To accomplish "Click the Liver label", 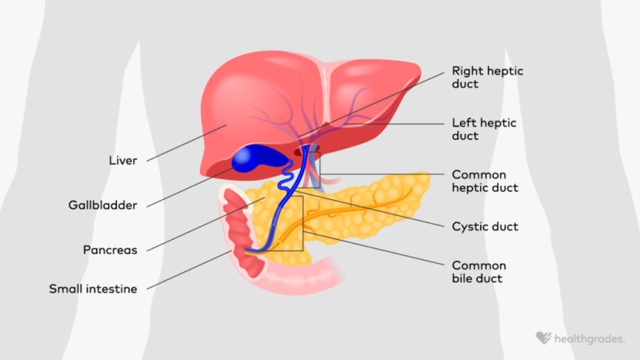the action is click(x=123, y=161).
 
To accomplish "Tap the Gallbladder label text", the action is click(x=102, y=205).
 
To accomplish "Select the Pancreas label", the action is click(x=110, y=250).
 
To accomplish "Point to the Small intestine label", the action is click(x=93, y=289).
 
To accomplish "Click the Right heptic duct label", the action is click(x=487, y=77).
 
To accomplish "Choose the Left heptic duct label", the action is click(x=484, y=129).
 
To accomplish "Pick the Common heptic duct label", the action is click(x=485, y=181).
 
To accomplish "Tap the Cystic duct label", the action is click(x=485, y=226).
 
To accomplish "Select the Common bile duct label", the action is click(x=478, y=272).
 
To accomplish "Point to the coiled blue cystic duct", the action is click(x=286, y=176).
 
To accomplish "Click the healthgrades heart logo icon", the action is click(x=543, y=338).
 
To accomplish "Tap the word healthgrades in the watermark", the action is click(x=590, y=339).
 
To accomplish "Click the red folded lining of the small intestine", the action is click(x=242, y=234).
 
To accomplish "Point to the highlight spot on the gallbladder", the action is click(x=242, y=156).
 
